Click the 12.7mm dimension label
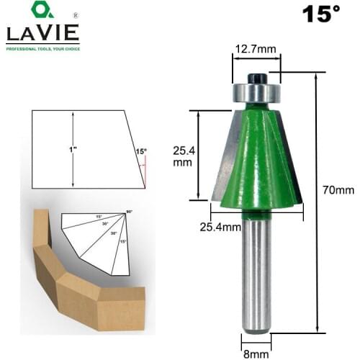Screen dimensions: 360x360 251,48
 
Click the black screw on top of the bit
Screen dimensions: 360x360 257,77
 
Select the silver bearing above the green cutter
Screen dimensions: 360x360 257,92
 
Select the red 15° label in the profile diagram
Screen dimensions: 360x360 140,151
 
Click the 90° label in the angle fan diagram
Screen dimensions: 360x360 130,211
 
